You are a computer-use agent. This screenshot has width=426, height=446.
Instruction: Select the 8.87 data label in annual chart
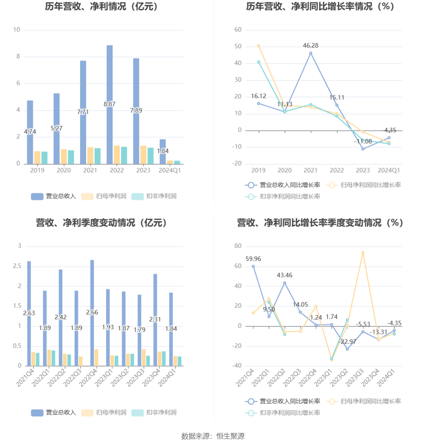tap(109, 104)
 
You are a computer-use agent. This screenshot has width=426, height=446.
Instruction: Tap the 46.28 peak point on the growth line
tap(311, 53)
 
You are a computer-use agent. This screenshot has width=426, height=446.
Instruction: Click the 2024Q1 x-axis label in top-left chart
tap(170, 170)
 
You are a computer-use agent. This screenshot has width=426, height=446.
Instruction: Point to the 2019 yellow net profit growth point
tap(259, 46)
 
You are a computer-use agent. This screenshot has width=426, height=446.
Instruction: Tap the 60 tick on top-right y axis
tap(238, 30)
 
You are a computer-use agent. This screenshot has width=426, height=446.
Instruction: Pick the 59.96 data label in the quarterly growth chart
tap(253, 259)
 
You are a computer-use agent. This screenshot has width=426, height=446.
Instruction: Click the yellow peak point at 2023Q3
tap(363, 253)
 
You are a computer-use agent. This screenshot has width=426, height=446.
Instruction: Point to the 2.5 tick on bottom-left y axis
tap(17, 266)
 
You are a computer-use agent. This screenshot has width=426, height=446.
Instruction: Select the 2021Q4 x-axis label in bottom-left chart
tap(25, 377)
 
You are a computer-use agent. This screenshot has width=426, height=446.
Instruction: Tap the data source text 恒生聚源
tap(230, 436)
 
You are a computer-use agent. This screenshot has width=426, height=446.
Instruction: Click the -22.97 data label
tap(348, 342)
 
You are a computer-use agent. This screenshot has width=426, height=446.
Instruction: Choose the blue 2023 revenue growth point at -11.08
tap(363, 149)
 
